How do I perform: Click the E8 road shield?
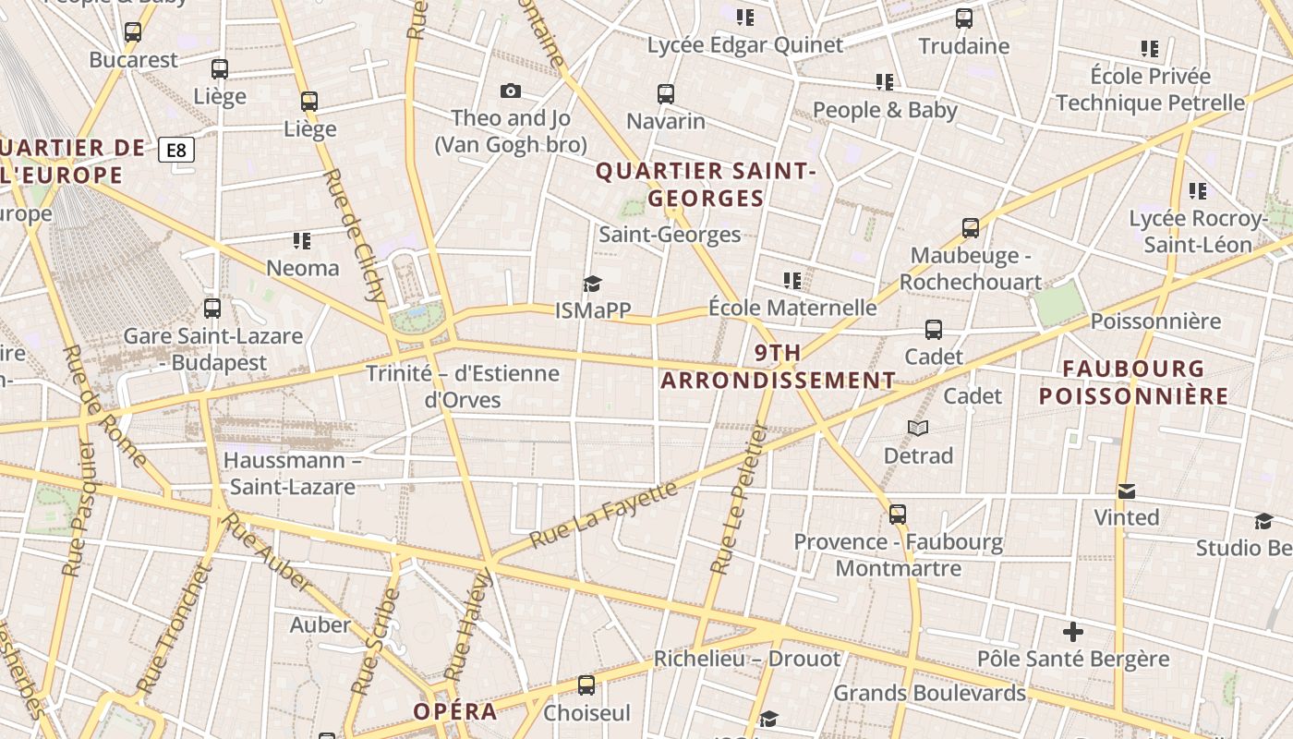point(175,150)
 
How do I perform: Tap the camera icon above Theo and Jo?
point(510,91)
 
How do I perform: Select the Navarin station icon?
point(666,93)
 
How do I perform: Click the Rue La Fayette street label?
point(604,514)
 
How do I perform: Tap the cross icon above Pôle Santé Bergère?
point(1072,632)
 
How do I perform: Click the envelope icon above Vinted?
point(1126,491)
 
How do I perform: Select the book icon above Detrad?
point(917,428)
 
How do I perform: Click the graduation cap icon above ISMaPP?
point(592,284)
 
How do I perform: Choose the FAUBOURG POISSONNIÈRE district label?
point(1133,382)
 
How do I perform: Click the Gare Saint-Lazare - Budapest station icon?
point(212,308)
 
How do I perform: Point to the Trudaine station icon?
point(964,18)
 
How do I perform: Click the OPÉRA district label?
point(454,711)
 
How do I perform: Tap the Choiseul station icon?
point(586,684)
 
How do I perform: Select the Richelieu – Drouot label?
point(747,659)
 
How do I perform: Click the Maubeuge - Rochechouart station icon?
point(970,227)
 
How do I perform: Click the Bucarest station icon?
point(133,32)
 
